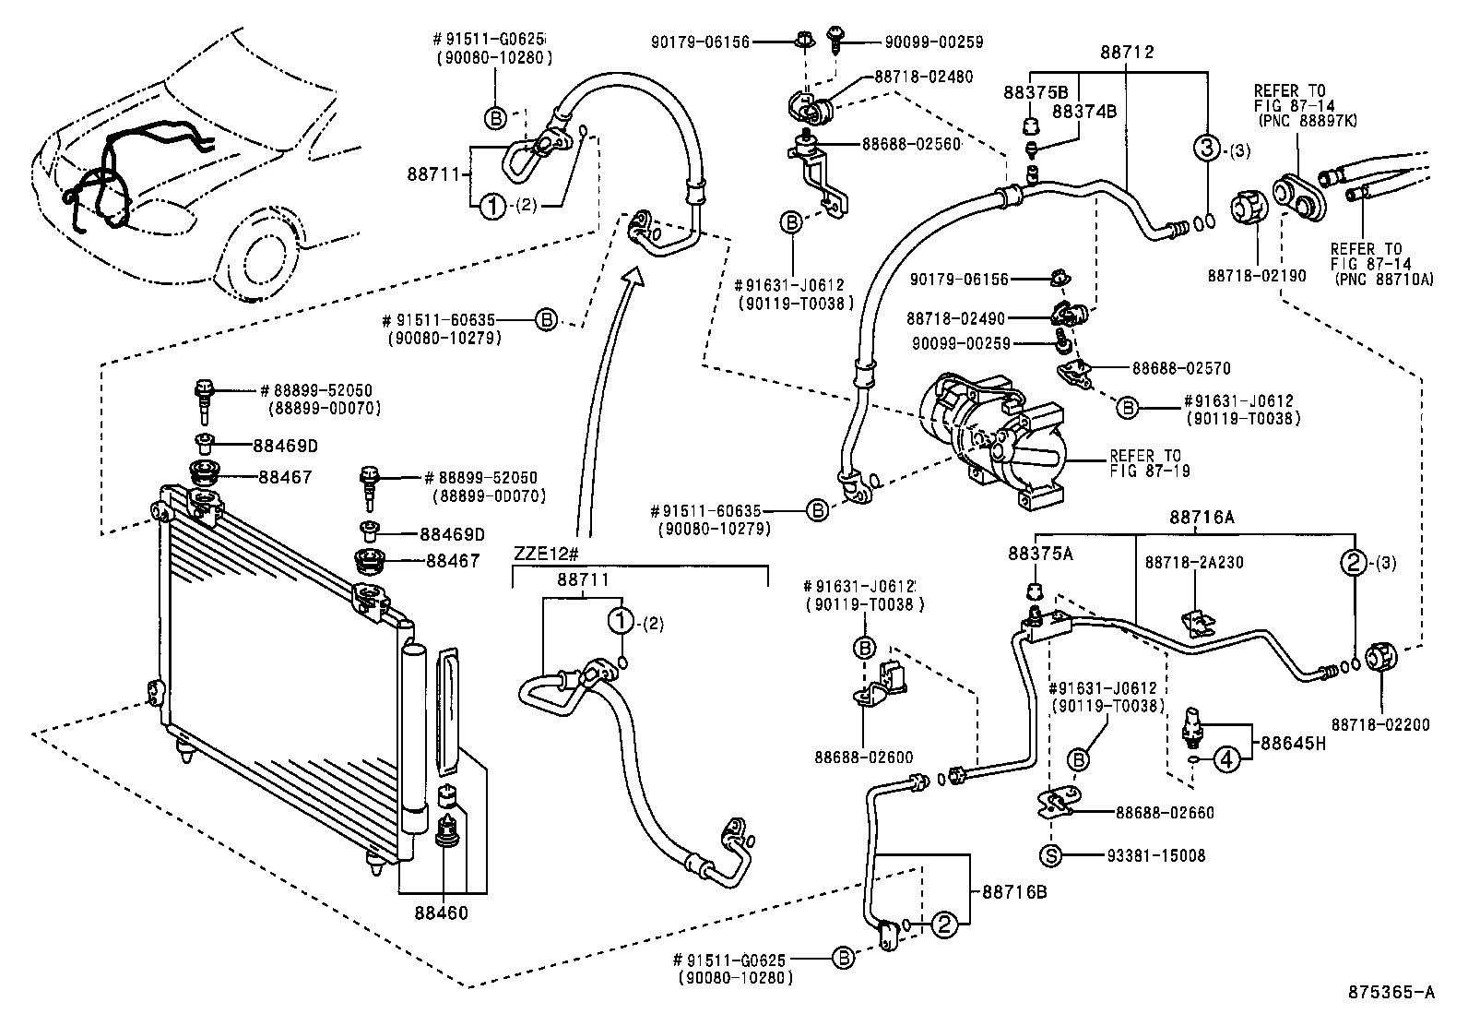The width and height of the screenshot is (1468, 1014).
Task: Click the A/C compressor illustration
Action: coord(991,438)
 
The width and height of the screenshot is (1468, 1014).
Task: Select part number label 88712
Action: coord(1127,53)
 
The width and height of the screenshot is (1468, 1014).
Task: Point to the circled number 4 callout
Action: coord(1225,759)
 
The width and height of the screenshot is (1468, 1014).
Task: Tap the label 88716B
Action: coord(1014,891)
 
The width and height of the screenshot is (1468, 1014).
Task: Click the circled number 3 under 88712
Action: coord(1206,148)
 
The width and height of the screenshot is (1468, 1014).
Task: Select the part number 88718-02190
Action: coord(1257,275)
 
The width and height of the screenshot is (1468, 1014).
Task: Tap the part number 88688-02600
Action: coord(863,758)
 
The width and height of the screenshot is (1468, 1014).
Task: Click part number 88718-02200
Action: coord(1380,724)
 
